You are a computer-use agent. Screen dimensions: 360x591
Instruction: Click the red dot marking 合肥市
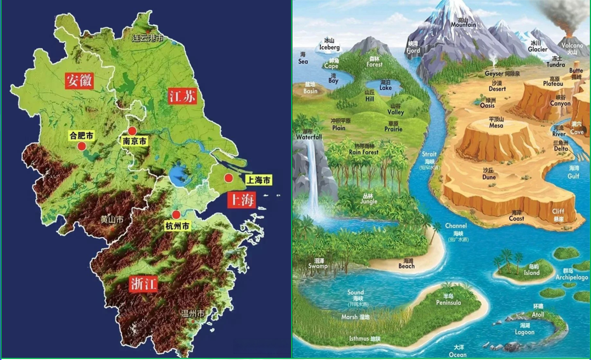82,146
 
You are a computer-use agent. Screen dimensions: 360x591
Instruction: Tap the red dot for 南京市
132,131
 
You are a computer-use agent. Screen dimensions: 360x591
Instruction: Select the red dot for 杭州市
176,214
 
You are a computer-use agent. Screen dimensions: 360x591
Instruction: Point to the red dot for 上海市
228,178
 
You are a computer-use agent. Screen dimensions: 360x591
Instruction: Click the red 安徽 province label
79,80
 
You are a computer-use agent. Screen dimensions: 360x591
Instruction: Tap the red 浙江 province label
144,284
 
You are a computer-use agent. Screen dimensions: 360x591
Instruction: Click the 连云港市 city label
148,38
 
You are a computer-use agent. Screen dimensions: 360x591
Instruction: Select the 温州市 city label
193,313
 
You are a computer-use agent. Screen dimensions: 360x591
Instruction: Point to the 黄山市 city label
111,219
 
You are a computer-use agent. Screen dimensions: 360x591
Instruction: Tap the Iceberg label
330,48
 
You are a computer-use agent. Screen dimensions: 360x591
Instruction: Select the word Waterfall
309,137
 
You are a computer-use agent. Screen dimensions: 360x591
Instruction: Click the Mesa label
496,125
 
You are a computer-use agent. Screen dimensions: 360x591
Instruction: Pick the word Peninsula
449,303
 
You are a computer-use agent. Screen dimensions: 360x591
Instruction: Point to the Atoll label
538,314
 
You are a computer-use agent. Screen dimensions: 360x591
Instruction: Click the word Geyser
494,74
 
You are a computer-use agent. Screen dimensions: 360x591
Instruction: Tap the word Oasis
487,106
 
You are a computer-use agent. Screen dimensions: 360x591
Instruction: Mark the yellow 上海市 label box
258,180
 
